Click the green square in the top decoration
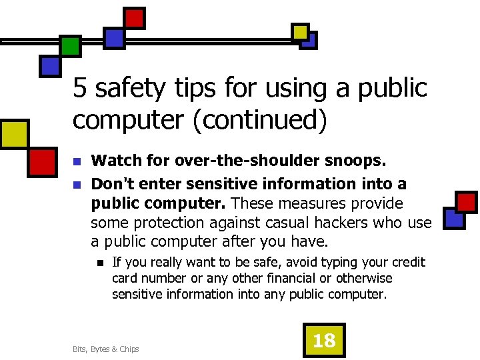point(70,45)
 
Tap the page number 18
point(324,341)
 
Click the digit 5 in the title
point(79,87)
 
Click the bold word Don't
point(111,183)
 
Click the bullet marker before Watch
point(77,161)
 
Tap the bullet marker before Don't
point(77,184)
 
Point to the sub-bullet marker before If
point(99,263)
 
